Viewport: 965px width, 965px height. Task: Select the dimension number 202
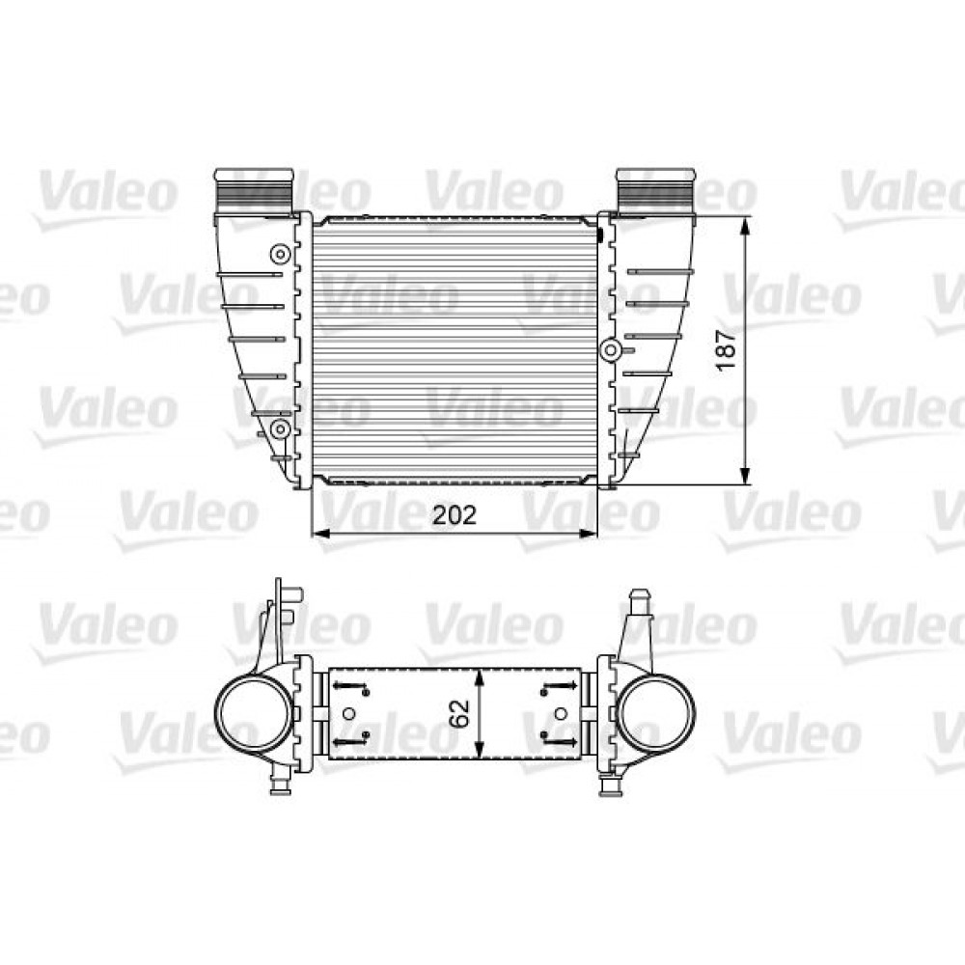[454, 515]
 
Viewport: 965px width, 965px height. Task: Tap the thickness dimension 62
[460, 714]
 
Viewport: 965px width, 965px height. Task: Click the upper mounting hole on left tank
[280, 254]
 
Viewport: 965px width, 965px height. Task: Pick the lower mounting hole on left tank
[280, 427]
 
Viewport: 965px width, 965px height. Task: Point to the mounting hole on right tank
[611, 350]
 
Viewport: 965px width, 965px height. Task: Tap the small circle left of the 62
[350, 714]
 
